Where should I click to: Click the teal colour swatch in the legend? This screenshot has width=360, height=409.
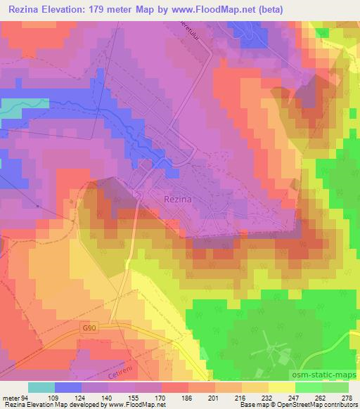(x=41, y=387)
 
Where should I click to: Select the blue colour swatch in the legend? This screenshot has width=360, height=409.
(x=67, y=387)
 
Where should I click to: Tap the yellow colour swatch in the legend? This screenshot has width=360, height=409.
(x=281, y=387)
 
